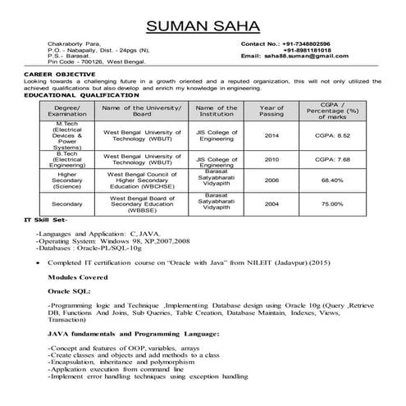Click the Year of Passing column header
click(271, 111)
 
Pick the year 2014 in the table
click(271, 135)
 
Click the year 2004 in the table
click(271, 203)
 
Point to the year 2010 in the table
click(271, 159)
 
